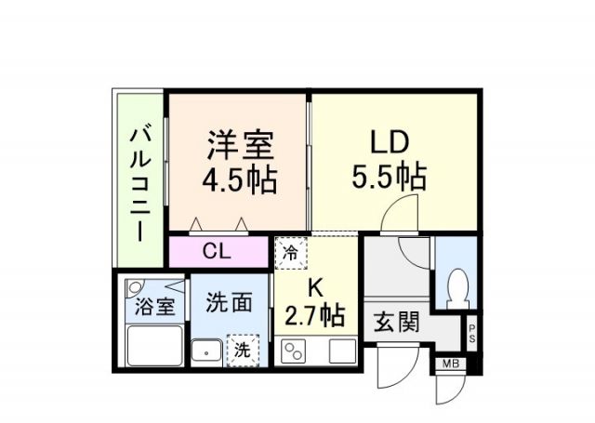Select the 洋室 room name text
click(x=239, y=146)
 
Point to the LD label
click(x=390, y=143)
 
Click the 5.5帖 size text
click(x=390, y=176)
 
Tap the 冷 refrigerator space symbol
click(x=288, y=252)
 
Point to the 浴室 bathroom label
click(x=153, y=306)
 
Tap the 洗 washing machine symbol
click(x=242, y=350)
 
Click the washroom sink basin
click(x=204, y=352)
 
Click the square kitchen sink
click(x=341, y=352)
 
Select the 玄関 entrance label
click(x=397, y=322)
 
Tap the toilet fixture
click(x=456, y=284)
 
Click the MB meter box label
click(x=451, y=364)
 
